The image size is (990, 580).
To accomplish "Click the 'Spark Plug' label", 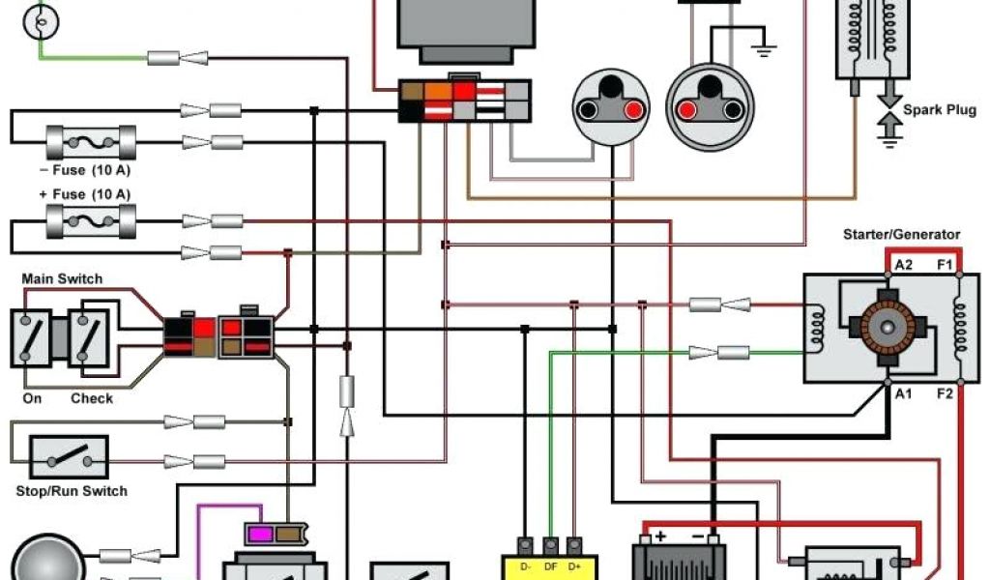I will [x=940, y=110].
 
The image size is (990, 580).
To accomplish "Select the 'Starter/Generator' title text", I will [x=902, y=235].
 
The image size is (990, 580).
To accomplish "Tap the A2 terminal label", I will [x=904, y=265].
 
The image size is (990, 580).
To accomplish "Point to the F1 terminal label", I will [x=945, y=265].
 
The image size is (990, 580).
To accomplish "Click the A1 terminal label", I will [x=904, y=393].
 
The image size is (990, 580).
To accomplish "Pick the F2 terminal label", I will [x=945, y=393].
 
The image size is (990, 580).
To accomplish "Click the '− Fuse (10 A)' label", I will [x=85, y=171].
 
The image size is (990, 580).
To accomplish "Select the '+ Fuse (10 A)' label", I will [x=85, y=194].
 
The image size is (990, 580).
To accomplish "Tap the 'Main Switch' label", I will [x=62, y=279].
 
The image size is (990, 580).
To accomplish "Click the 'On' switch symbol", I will [x=32, y=337].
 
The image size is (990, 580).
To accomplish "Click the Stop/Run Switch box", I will [x=69, y=457].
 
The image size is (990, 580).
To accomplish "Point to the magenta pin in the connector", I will [x=260, y=534].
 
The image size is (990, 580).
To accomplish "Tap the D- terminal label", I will [x=526, y=565].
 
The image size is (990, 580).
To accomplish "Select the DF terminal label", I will [x=551, y=565].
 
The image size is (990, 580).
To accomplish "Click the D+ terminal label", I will [x=575, y=565].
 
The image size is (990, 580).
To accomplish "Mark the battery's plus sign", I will [x=661, y=536].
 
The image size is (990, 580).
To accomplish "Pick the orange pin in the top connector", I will [x=437, y=92].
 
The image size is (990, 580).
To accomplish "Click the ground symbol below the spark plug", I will [x=888, y=138].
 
